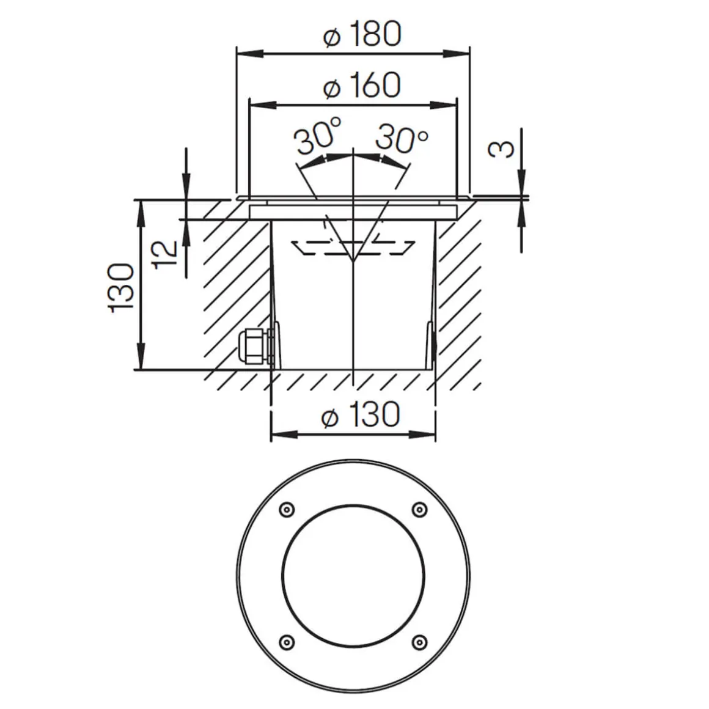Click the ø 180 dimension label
pos(362,34)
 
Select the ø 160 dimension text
pos(362,85)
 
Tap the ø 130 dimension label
pos(361,415)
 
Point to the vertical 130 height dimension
pos(121,287)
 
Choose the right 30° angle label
pos(401,138)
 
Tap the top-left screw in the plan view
pos(285,510)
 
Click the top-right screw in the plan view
pos(419,509)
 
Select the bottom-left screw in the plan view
pos(285,641)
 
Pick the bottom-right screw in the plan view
pos(419,641)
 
